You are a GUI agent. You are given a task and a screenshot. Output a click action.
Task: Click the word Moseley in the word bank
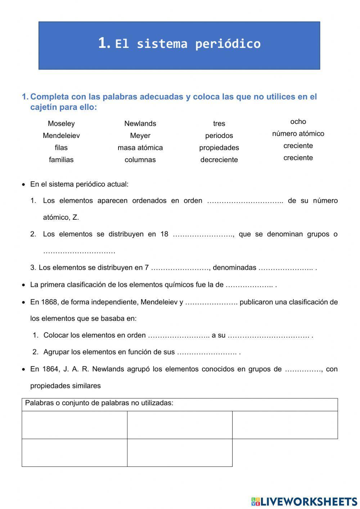click(x=61, y=124)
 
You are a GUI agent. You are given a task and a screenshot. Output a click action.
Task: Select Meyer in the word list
click(x=140, y=136)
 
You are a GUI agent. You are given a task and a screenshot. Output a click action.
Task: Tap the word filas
click(x=61, y=148)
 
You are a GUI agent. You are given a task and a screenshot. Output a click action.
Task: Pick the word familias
click(x=61, y=160)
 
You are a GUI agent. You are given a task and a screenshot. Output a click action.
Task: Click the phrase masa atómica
click(x=140, y=148)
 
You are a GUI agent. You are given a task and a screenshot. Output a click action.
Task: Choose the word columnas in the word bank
click(x=140, y=160)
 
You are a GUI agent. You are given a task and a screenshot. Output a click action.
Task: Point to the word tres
click(x=219, y=124)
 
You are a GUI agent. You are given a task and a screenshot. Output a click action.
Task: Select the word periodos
click(x=219, y=136)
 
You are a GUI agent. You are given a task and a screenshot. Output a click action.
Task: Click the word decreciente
click(x=219, y=160)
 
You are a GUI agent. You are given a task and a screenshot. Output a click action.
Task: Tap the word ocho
click(x=298, y=122)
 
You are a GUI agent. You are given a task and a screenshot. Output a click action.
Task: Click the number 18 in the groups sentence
click(x=164, y=234)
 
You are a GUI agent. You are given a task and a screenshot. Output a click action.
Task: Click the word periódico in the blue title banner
click(x=228, y=44)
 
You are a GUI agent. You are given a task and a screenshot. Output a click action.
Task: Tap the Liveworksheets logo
click(x=304, y=501)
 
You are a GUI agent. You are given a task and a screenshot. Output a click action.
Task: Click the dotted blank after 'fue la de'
click(x=249, y=285)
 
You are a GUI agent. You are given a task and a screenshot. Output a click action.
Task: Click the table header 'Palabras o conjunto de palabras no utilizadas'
click(x=99, y=403)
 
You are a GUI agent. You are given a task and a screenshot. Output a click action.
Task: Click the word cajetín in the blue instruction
click(x=44, y=107)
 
